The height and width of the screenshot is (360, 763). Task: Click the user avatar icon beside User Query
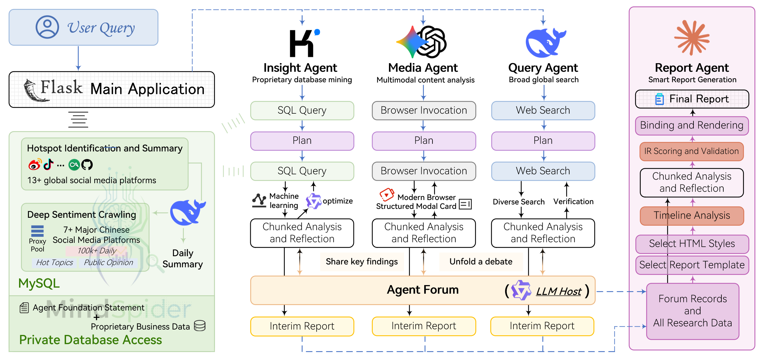pos(47,27)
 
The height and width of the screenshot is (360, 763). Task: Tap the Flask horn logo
pos(34,91)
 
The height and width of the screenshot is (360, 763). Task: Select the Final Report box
pos(692,99)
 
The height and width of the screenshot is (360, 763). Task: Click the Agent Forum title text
pos(423,290)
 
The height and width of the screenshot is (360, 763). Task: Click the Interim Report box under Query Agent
pos(542,326)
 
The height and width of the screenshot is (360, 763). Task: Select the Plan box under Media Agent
pos(424,141)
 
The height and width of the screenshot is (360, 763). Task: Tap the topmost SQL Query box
pos(302,110)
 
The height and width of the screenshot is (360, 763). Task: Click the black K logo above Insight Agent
pos(303,43)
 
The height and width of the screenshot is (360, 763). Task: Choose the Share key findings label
pos(362,262)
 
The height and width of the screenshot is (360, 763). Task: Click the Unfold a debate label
pos(481,262)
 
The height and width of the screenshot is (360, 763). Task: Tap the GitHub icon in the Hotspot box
pos(87,165)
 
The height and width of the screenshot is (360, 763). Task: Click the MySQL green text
pos(39,283)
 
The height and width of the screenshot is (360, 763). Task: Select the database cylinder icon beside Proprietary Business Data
pos(200,326)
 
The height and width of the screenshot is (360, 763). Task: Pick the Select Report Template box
pos(692,265)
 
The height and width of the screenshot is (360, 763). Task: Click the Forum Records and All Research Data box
pos(693,311)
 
